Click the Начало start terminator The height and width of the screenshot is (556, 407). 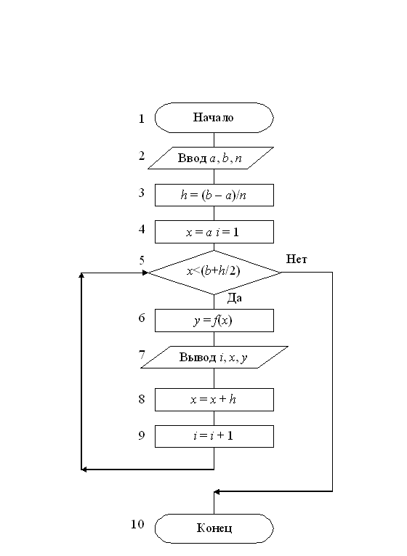coord(214,118)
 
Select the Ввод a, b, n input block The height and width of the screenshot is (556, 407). coord(211,158)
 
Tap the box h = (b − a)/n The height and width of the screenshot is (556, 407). coord(214,195)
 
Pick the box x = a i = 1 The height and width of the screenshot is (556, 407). coord(214,232)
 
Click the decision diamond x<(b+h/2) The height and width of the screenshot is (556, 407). coord(214,273)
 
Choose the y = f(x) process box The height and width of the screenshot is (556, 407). coord(214,321)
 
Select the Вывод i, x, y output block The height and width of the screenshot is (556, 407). coord(214,357)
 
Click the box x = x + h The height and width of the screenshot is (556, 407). coord(214,400)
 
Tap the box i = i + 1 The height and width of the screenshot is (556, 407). coord(214,436)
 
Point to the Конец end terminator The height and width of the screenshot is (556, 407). coord(214,528)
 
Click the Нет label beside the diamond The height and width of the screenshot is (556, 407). coord(297,259)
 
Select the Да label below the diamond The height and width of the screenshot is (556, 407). coord(234,298)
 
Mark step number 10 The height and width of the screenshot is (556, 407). coord(137,524)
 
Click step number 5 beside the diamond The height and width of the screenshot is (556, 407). coord(142,261)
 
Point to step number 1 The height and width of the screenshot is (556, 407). coord(142,118)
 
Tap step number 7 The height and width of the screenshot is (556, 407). coord(142,355)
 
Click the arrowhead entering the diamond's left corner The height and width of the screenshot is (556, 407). coord(145,273)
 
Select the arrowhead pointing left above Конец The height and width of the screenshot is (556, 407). coord(217,492)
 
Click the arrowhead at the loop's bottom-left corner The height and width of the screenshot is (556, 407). coord(84,470)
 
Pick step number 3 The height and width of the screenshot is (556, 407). coord(142,193)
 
